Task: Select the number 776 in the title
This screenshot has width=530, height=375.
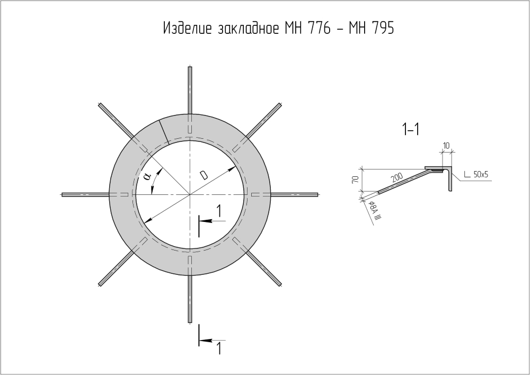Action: [x=321, y=29]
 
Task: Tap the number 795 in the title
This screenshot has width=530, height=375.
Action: [x=382, y=29]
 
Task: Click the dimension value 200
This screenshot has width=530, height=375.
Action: [x=397, y=178]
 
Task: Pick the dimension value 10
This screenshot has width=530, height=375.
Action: [x=446, y=145]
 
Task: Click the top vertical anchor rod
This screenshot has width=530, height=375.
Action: [x=190, y=90]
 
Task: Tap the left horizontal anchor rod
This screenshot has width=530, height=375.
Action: [x=85, y=194]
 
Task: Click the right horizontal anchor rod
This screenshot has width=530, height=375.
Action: [x=294, y=194]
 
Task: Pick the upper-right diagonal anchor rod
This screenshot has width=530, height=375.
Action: [x=263, y=121]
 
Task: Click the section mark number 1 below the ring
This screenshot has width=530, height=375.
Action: [x=218, y=348]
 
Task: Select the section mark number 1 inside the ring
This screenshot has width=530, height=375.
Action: [x=218, y=211]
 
